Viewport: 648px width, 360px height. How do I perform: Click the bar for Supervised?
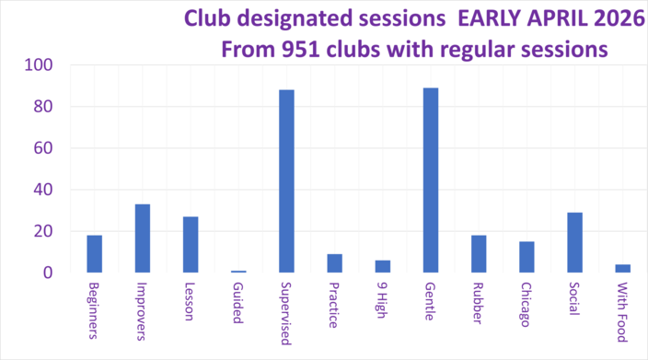(286, 181)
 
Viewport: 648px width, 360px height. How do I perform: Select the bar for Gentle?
(431, 180)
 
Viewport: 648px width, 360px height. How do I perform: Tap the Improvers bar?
(143, 238)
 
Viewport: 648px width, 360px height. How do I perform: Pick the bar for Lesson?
(191, 245)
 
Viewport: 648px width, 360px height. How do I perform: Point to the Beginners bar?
(95, 254)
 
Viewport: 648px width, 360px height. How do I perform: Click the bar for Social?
(574, 243)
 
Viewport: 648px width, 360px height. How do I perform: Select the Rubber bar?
(479, 254)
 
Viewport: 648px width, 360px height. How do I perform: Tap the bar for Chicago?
(526, 257)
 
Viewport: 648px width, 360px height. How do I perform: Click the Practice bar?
(335, 263)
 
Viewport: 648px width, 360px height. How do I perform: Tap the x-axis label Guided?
(238, 302)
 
